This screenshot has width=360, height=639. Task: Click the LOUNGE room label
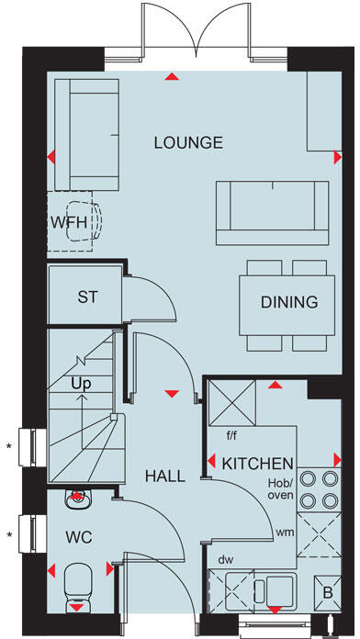[188, 142]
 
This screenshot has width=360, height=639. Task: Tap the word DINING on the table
[288, 301]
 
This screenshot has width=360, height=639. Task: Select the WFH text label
[69, 222]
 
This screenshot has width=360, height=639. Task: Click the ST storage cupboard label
[87, 297]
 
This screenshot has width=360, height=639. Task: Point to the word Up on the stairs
[81, 385]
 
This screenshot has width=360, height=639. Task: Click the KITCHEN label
[257, 464]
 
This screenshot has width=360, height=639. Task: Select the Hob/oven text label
[279, 488]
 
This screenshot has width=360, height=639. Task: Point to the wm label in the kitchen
[285, 532]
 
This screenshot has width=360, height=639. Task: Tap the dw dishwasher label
[225, 558]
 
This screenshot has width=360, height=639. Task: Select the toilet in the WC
[78, 584]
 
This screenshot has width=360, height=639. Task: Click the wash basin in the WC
[78, 499]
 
